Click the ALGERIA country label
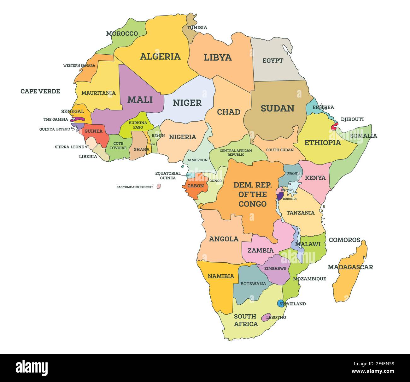click(x=160, y=57)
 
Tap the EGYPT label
click(x=273, y=60)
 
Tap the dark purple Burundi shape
click(x=280, y=196)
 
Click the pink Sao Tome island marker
click(x=159, y=187)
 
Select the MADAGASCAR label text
click(x=350, y=267)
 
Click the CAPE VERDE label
click(x=40, y=91)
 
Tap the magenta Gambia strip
click(x=78, y=119)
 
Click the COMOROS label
click(x=344, y=240)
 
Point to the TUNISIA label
click(x=197, y=27)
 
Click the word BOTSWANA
click(x=253, y=284)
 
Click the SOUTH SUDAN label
click(x=280, y=150)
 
